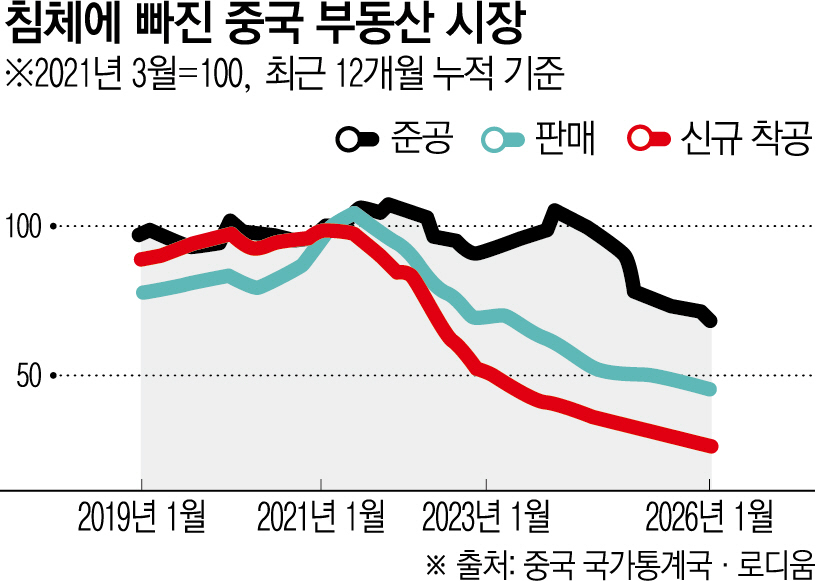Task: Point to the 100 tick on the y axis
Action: (x=25, y=227)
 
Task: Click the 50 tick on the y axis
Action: (x=31, y=376)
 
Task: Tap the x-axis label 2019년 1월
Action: (x=141, y=518)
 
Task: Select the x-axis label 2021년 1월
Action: (x=320, y=518)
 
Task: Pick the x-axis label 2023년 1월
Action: (x=486, y=518)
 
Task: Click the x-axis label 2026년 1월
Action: (x=710, y=518)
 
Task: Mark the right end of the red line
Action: (x=711, y=446)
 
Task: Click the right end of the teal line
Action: (x=710, y=389)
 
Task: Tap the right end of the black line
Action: (x=710, y=321)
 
